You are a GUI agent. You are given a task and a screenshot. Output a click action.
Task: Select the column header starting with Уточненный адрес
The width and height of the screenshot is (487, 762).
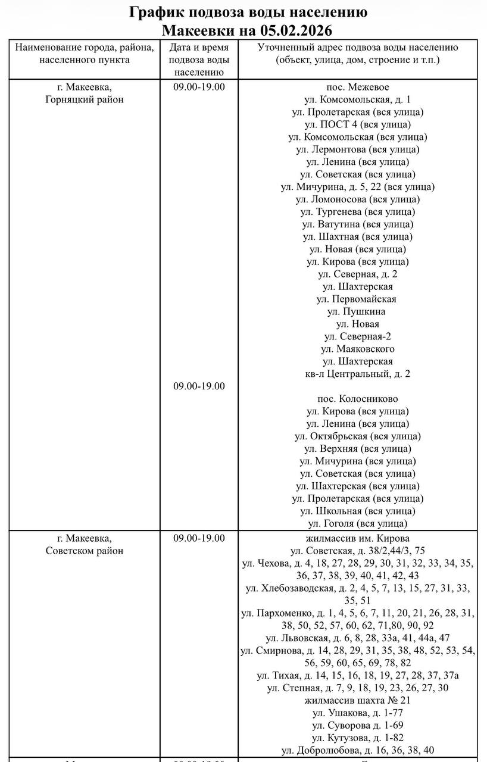[x=357, y=54]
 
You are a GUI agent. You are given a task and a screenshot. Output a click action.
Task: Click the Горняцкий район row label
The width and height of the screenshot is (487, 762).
[x=85, y=99]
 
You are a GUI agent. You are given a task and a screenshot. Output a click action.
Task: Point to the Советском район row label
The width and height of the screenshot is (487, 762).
[x=85, y=551]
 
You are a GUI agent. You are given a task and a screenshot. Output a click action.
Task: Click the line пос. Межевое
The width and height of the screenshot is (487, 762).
[x=357, y=87]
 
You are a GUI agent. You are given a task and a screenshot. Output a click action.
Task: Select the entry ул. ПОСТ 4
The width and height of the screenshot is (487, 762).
[x=357, y=124]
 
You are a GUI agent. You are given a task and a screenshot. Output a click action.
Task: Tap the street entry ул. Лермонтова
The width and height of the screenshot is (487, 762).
[x=357, y=149]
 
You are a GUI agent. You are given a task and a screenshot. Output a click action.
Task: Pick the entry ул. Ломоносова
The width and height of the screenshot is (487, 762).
[x=357, y=199]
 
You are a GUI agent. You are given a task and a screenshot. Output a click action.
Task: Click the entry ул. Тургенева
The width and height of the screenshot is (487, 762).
[x=357, y=212]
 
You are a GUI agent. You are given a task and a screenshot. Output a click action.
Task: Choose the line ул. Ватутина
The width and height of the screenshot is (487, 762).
[x=357, y=224]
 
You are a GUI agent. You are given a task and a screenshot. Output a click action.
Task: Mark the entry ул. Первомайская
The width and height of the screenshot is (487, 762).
[x=357, y=299]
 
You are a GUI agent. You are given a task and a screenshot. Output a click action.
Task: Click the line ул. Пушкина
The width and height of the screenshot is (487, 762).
[x=357, y=311]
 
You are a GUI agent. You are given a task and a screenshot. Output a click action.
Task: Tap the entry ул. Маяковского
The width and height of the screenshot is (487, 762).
[x=357, y=349]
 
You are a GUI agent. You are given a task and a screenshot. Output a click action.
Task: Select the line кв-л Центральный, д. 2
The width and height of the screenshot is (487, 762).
[x=357, y=374]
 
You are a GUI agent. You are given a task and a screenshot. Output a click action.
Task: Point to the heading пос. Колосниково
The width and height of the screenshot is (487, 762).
[x=357, y=399]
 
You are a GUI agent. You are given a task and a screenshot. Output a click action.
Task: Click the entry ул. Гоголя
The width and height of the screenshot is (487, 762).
[x=357, y=523]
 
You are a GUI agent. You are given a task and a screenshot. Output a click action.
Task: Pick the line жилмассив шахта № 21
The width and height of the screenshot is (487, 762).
[x=357, y=700]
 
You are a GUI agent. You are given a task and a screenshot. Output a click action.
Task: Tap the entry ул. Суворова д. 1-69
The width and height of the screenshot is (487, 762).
[x=357, y=725]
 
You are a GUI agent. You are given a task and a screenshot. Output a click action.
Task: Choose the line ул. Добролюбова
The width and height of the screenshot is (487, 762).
[x=357, y=750]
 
